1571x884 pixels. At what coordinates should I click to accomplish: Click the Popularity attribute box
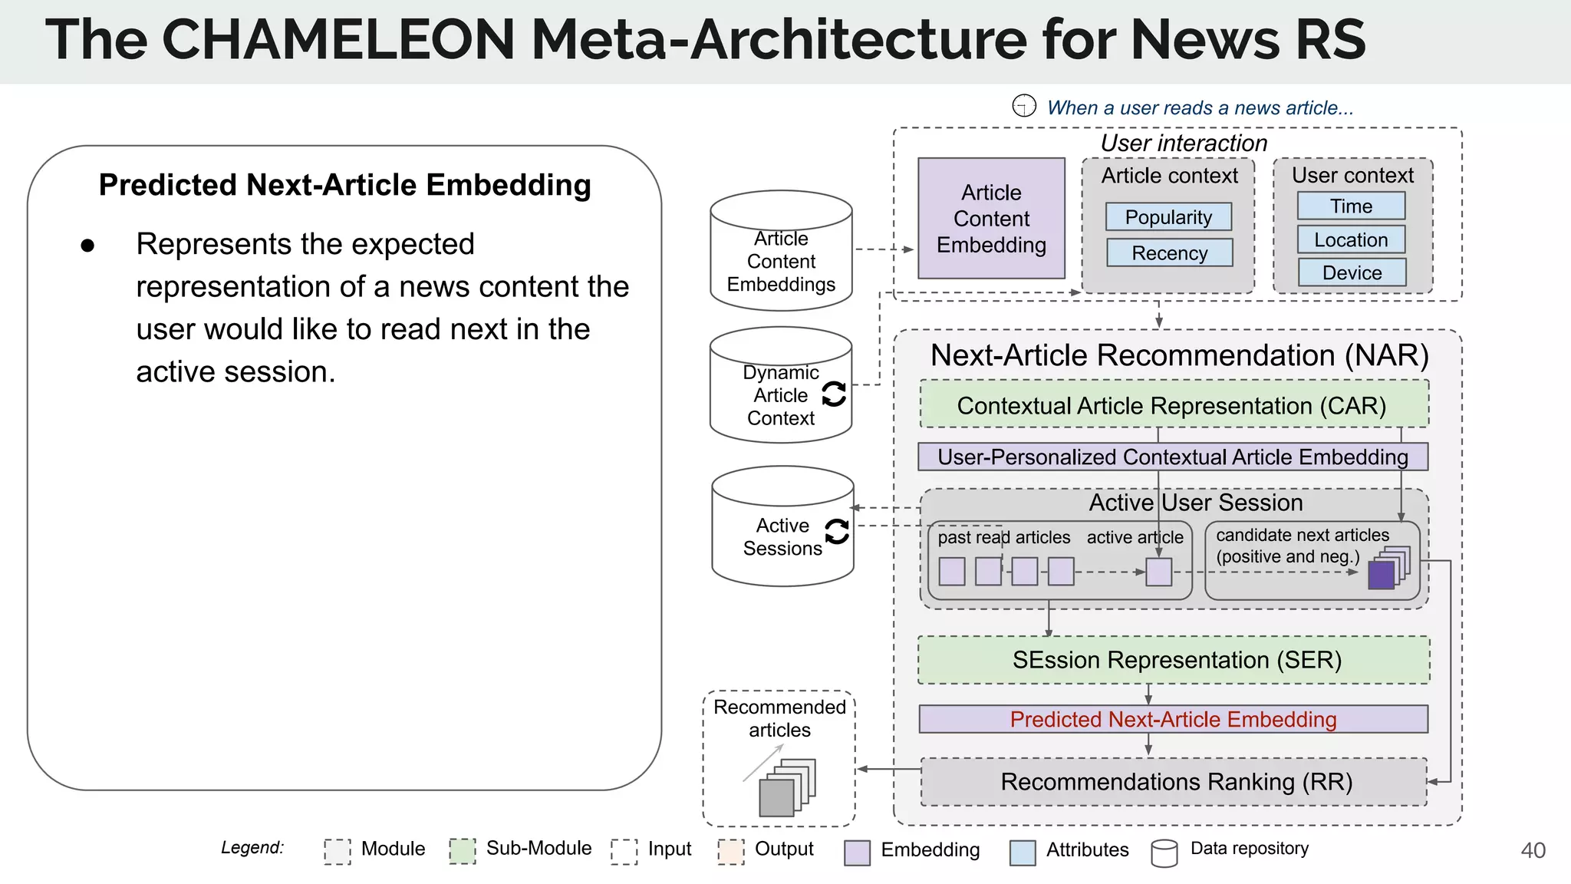pos(1168,217)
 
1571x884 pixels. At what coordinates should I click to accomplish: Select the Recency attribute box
pos(1169,252)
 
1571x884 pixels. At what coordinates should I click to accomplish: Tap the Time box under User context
pos(1351,206)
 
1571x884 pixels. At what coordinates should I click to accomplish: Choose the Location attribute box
pos(1351,239)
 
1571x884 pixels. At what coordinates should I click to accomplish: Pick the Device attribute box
pos(1352,272)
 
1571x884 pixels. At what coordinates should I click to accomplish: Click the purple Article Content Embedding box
pos(991,219)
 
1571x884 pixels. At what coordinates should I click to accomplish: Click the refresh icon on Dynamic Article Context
pos(834,394)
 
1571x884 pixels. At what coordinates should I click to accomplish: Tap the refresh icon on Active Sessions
pos(837,531)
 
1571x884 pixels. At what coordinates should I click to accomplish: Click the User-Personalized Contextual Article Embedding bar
pos(1173,457)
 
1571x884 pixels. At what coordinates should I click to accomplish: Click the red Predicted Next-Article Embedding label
pos(1173,719)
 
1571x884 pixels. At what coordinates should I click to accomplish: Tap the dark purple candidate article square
pos(1381,576)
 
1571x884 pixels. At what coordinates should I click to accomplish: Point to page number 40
pos(1533,850)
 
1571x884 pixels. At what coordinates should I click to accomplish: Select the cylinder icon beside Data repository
pos(1164,853)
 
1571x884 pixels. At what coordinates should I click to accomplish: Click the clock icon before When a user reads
pos(1024,106)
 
